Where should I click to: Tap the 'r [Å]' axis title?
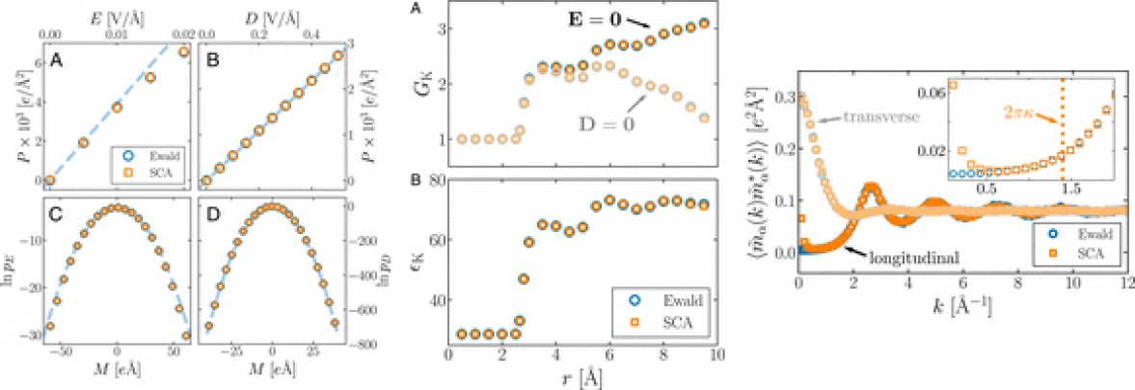coord(582,378)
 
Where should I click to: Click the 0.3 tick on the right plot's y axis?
coord(783,96)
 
